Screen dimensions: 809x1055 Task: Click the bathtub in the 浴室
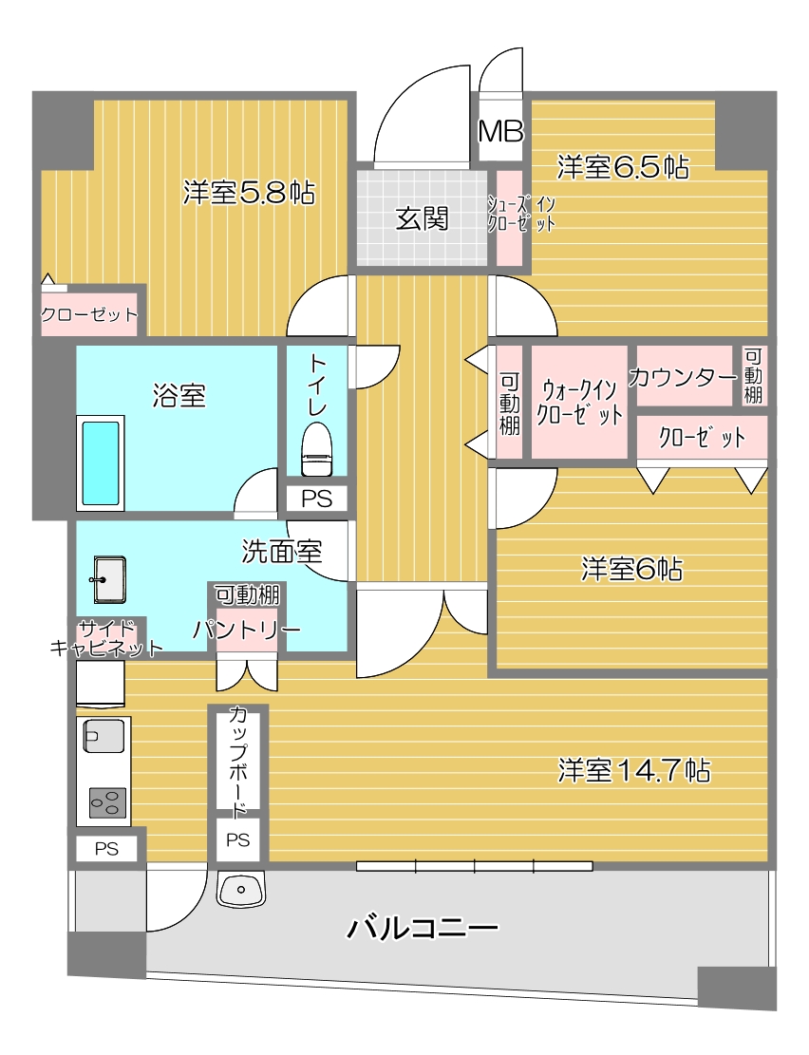pyautogui.click(x=101, y=462)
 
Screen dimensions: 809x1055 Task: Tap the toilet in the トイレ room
pyautogui.click(x=317, y=448)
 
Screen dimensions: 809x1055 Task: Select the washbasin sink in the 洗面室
pyautogui.click(x=109, y=579)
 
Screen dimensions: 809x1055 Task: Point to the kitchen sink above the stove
pyautogui.click(x=103, y=736)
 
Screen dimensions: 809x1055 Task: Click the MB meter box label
pyautogui.click(x=500, y=132)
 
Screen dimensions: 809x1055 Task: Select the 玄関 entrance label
pyautogui.click(x=422, y=218)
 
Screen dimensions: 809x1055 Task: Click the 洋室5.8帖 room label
pyautogui.click(x=249, y=193)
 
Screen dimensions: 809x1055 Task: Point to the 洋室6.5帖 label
pyautogui.click(x=623, y=167)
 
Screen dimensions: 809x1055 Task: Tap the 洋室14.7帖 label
pyautogui.click(x=634, y=770)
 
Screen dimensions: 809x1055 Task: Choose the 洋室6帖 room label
pyautogui.click(x=632, y=569)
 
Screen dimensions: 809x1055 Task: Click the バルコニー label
pyautogui.click(x=422, y=928)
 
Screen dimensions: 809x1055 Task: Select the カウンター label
pyautogui.click(x=683, y=377)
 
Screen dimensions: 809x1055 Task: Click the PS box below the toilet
pyautogui.click(x=316, y=499)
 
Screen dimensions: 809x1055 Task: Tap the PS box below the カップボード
pyautogui.click(x=237, y=839)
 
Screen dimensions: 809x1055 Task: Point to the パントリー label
pyautogui.click(x=246, y=630)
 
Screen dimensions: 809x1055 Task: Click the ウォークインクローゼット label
pyautogui.click(x=579, y=403)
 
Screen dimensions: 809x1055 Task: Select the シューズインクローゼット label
pyautogui.click(x=521, y=214)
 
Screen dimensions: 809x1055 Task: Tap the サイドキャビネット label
pyautogui.click(x=106, y=639)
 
